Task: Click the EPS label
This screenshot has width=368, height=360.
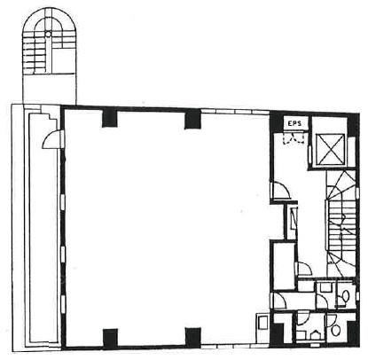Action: (x=294, y=123)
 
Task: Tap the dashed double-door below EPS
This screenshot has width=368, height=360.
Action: (x=294, y=138)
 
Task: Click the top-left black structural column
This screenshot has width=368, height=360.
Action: (x=110, y=118)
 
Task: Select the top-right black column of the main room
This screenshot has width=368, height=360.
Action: (x=192, y=119)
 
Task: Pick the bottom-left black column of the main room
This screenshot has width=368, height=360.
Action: (x=110, y=337)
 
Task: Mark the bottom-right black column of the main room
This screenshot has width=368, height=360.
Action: (x=193, y=337)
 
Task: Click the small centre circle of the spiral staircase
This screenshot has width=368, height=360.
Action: (x=48, y=34)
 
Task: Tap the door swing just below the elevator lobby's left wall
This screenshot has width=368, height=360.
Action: (x=281, y=191)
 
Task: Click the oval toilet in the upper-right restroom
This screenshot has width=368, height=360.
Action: (x=345, y=294)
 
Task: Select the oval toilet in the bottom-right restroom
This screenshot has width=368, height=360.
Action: (x=336, y=330)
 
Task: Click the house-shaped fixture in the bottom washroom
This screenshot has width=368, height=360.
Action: (x=313, y=334)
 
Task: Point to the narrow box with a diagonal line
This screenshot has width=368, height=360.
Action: (x=294, y=218)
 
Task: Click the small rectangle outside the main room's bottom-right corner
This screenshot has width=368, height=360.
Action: (x=262, y=323)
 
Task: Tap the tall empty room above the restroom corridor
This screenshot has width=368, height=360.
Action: (x=284, y=265)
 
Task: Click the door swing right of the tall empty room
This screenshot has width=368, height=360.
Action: (x=304, y=269)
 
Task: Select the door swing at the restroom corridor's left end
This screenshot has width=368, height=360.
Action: (x=278, y=301)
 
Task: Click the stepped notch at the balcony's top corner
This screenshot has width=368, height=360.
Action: (x=52, y=119)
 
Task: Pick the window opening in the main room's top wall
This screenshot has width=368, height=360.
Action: (x=235, y=111)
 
